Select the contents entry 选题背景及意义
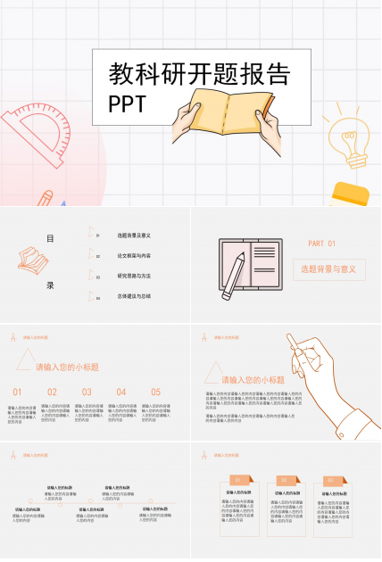pyautogui.click(x=134, y=236)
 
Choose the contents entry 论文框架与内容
pyautogui.click(x=134, y=256)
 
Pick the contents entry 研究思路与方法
pyautogui.click(x=134, y=277)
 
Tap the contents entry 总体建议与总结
pyautogui.click(x=134, y=296)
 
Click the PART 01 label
pyautogui.click(x=321, y=244)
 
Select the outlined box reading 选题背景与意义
pyautogui.click(x=328, y=269)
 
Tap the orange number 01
pyautogui.click(x=18, y=392)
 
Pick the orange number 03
pyautogui.click(x=87, y=392)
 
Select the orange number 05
pyautogui.click(x=155, y=392)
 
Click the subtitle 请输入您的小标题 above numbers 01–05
pyautogui.click(x=67, y=368)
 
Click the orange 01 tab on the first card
pyautogui.click(x=237, y=481)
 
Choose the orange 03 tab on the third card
pyautogui.click(x=329, y=481)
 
